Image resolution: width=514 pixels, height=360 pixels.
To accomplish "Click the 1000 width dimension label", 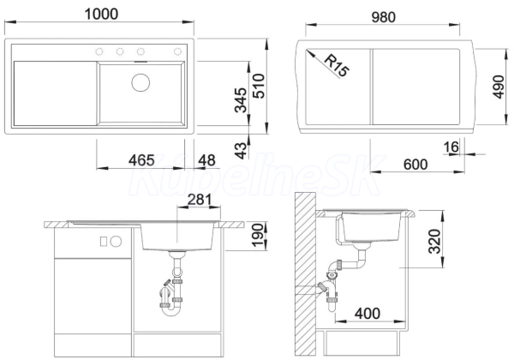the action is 101,14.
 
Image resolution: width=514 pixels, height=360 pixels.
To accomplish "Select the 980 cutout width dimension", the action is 383,17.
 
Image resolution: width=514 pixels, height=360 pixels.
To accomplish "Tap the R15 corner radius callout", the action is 337,66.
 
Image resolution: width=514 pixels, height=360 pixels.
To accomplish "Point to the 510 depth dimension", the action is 260,86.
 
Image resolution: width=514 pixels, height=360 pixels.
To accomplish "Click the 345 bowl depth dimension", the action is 241,100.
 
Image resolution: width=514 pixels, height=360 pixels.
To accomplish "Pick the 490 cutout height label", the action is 499,87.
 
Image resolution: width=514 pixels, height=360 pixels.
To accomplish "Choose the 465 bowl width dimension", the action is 141,160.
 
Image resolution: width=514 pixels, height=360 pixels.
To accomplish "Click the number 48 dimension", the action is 207,160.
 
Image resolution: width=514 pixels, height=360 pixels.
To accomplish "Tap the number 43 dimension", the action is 242,151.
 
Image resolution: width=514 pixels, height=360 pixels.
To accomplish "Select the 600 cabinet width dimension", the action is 415,165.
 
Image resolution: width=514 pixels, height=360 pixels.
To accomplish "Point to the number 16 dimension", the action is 451,147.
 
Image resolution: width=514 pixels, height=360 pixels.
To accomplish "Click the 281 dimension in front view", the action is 200,200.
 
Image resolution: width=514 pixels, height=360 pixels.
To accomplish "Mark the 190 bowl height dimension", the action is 258,236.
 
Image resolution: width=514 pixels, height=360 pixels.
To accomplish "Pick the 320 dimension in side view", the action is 434,242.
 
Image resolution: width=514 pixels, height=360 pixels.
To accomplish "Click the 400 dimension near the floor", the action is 368,314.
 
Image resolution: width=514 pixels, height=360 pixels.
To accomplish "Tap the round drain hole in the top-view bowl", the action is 140,82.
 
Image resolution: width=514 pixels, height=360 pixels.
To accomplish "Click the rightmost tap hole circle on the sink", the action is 177,51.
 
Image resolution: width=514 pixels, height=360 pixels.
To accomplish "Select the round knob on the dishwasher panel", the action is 116,242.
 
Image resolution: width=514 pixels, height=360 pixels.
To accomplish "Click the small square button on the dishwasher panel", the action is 104,242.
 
